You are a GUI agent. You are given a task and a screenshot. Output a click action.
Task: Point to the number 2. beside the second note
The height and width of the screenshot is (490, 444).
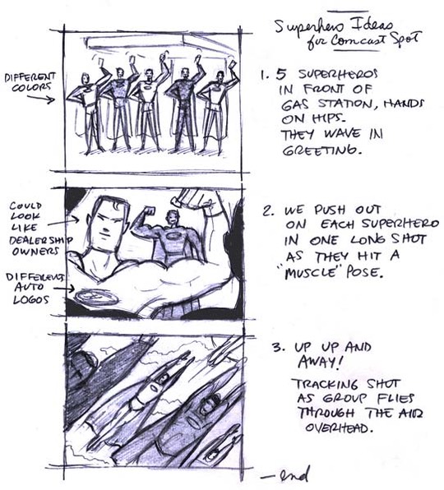(x=267, y=210)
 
